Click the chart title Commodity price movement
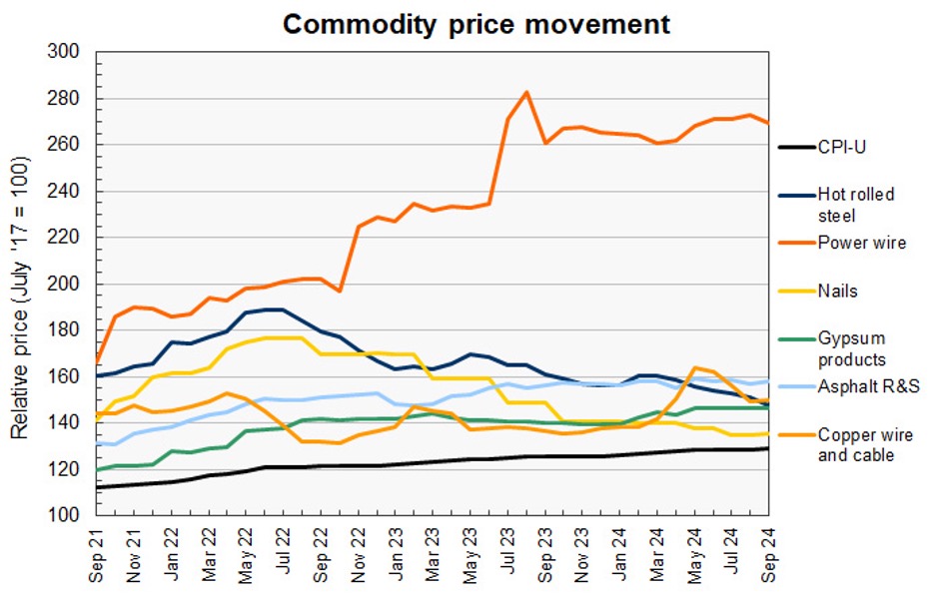tap(476, 23)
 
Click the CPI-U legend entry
tap(845, 148)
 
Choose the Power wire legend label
tap(861, 243)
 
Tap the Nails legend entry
tap(838, 292)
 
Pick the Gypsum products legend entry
tap(851, 348)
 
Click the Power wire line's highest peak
tap(526, 93)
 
